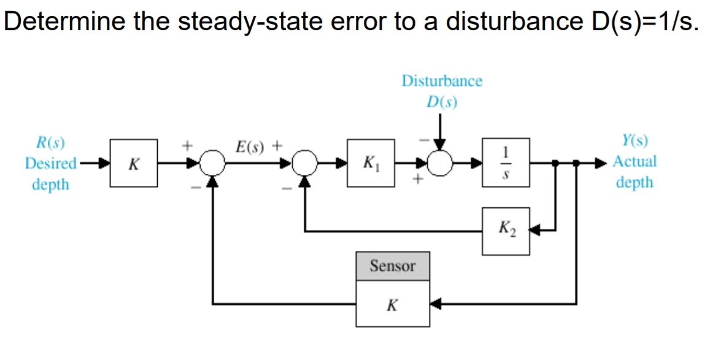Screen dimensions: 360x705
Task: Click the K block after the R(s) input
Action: click(133, 163)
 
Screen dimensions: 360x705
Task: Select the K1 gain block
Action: click(371, 163)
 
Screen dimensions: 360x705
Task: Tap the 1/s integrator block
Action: click(506, 163)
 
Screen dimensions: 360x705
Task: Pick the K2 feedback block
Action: click(506, 231)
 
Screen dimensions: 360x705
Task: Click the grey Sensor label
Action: click(392, 266)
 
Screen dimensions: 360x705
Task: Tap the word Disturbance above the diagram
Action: click(442, 81)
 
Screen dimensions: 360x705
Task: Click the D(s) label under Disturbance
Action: click(442, 101)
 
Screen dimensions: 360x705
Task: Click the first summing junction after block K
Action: click(212, 163)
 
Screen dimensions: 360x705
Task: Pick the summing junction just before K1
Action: click(305, 163)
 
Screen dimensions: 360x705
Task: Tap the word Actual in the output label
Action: click(634, 162)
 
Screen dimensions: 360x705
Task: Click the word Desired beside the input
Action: click(50, 164)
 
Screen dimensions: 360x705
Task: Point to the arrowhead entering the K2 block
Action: click(534, 231)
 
